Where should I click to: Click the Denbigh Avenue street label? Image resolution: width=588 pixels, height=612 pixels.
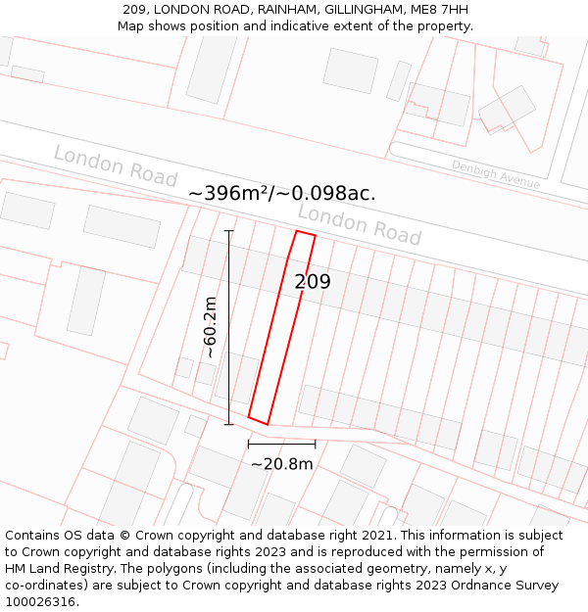(495, 174)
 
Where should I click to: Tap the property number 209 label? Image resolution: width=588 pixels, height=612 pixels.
(313, 282)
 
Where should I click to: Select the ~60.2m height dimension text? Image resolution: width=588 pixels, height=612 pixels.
(209, 328)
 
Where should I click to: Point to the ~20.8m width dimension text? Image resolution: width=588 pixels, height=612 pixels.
(281, 463)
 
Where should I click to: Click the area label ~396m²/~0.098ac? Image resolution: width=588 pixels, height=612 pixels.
(281, 193)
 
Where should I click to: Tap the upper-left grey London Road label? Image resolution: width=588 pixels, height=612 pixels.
(115, 165)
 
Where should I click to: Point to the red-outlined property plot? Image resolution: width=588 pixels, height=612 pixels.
(282, 328)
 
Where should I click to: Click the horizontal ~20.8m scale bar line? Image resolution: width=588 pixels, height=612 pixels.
(281, 444)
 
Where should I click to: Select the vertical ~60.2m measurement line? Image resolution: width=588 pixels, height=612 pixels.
(229, 327)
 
